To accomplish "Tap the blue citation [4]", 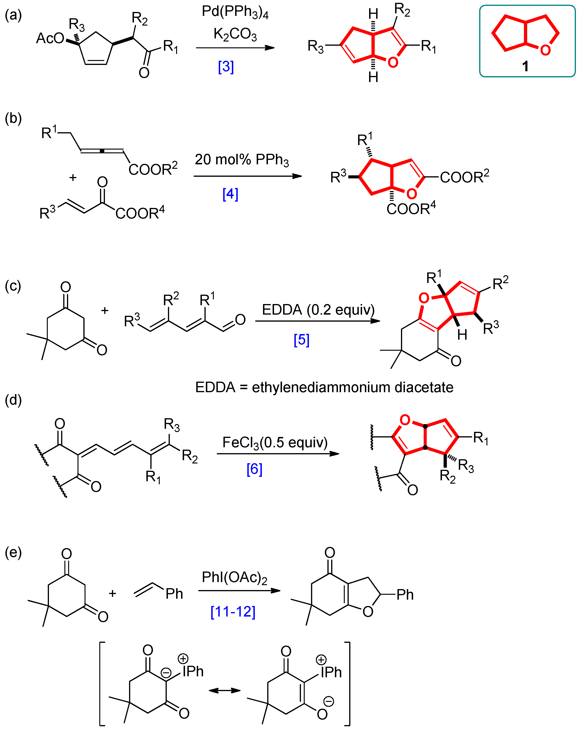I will click(230, 194).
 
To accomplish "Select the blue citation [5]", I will click(301, 340).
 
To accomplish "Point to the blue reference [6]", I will click(254, 469).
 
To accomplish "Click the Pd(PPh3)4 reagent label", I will click(235, 12).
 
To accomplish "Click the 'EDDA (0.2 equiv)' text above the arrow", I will click(318, 309).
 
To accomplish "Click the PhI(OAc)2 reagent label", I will click(234, 577).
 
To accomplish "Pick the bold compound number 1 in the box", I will click(525, 66).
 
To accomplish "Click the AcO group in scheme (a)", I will click(50, 38).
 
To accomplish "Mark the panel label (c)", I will click(13, 286).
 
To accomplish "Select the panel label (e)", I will click(13, 553).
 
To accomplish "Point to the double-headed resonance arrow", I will click(225, 690).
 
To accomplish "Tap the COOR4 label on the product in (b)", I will click(411, 209).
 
